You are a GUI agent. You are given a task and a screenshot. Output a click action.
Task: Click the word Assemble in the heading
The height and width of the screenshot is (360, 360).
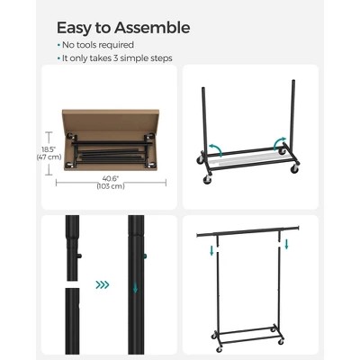click(x=152, y=28)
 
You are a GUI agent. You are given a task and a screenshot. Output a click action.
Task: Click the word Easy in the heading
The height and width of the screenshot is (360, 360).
click(x=74, y=29)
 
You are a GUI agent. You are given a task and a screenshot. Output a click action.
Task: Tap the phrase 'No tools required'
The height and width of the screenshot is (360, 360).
click(x=98, y=45)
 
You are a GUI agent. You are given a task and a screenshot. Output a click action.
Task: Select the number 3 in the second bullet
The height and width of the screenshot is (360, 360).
click(x=116, y=58)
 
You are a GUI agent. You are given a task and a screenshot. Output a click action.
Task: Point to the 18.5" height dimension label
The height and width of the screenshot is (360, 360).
click(x=49, y=149)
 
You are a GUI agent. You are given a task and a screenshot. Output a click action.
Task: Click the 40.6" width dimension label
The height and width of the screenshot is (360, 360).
click(x=111, y=179)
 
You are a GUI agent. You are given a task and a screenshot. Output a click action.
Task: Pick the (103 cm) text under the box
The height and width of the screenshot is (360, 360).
click(x=111, y=186)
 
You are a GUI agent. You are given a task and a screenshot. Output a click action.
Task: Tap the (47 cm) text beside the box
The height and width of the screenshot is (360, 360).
click(x=49, y=157)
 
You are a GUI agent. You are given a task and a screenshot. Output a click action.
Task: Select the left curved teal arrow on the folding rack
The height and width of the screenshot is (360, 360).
click(x=215, y=148)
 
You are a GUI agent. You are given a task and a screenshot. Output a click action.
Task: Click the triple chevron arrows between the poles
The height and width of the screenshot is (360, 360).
click(x=103, y=284)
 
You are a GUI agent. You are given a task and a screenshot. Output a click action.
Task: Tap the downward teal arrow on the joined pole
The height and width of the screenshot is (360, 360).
click(x=135, y=288)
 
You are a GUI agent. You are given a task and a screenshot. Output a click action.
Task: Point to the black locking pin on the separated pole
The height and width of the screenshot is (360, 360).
click(x=80, y=256)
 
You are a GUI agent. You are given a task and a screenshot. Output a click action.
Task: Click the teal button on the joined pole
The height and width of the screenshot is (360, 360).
click(x=145, y=256)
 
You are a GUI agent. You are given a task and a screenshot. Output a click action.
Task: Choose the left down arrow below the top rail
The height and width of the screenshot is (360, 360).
click(x=211, y=250)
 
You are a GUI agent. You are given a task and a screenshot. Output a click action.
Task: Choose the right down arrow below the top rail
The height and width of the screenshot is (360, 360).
click(x=286, y=244)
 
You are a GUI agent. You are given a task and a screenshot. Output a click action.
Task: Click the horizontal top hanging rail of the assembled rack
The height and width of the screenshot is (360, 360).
click(x=248, y=232)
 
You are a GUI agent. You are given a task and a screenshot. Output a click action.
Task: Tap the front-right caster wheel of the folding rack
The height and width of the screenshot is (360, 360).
click(x=294, y=169)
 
